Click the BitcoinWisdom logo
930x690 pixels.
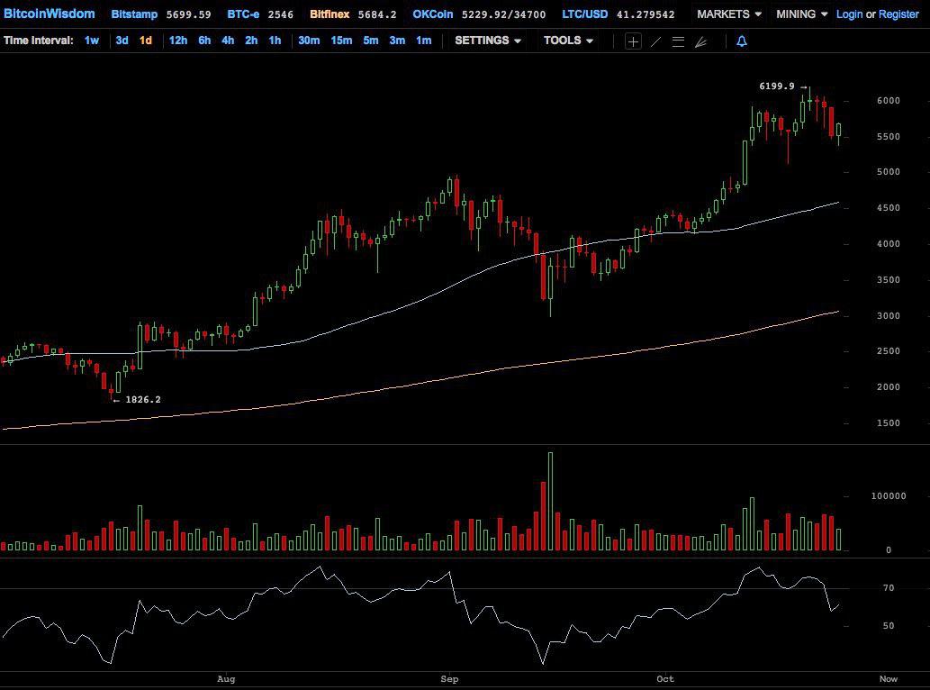49,14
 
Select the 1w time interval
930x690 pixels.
92,41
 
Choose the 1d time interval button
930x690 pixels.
145,41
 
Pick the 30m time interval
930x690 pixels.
309,41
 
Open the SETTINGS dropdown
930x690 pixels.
488,41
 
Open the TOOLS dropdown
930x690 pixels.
568,41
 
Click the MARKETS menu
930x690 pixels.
728,14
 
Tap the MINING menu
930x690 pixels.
801,14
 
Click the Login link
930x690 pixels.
849,14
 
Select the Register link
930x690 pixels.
898,14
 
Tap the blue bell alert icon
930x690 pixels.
742,41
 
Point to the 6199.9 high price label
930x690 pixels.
777,86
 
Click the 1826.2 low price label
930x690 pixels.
143,399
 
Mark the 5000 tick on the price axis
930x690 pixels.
889,172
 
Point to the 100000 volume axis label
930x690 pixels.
888,496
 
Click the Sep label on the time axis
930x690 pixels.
450,679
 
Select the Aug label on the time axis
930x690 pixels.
227,679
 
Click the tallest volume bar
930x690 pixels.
550,501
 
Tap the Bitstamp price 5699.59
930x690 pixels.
189,14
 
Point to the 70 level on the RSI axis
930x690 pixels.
889,588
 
